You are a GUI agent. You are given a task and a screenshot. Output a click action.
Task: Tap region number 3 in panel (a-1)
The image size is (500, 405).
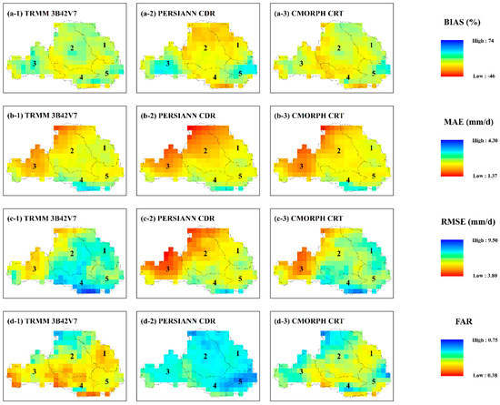tap(33, 64)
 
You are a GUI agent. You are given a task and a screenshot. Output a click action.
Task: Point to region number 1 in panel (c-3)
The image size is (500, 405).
tap(370, 246)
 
